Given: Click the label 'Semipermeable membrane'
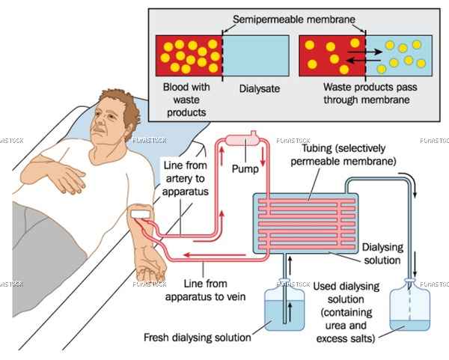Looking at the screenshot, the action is (x=294, y=19).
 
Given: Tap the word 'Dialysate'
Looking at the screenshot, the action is (x=260, y=88).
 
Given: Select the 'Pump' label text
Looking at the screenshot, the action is (x=245, y=168).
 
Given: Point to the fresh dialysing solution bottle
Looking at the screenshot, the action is (x=284, y=305).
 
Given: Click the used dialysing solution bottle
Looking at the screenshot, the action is (x=410, y=305).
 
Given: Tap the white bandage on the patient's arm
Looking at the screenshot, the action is (x=141, y=214).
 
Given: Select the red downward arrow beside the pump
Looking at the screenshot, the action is (x=263, y=157).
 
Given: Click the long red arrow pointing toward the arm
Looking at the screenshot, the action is (x=215, y=254).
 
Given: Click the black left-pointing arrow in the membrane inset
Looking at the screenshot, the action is (x=363, y=61).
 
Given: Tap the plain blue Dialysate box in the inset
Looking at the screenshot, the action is (x=256, y=55).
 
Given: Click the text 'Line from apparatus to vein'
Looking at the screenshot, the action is (x=205, y=290).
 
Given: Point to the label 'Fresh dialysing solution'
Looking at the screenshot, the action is (x=198, y=338).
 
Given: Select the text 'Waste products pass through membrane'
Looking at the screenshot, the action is (x=370, y=94).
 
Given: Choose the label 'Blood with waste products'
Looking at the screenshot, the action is (x=186, y=100).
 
